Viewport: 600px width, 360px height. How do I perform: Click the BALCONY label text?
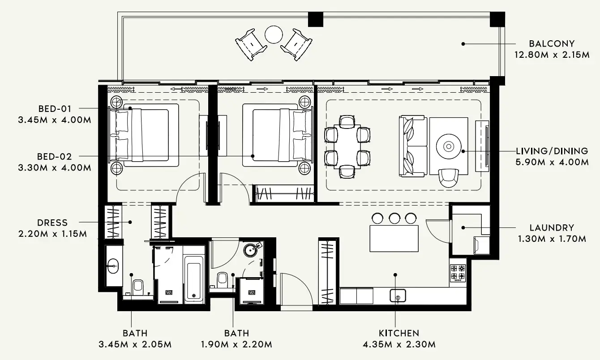(551, 43)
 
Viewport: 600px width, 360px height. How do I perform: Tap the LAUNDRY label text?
(551, 227)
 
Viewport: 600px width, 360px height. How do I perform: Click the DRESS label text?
(53, 223)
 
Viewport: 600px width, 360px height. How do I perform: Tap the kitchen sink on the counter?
(398, 296)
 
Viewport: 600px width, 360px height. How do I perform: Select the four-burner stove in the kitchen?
(458, 273)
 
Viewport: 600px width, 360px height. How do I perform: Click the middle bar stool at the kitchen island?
(394, 218)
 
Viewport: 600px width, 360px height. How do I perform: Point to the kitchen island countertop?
(394, 239)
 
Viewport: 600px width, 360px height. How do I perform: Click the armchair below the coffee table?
(448, 177)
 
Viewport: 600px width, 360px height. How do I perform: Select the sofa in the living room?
(412, 146)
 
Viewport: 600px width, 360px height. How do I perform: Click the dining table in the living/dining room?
(348, 146)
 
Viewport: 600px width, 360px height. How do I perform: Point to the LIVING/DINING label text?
(552, 151)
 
